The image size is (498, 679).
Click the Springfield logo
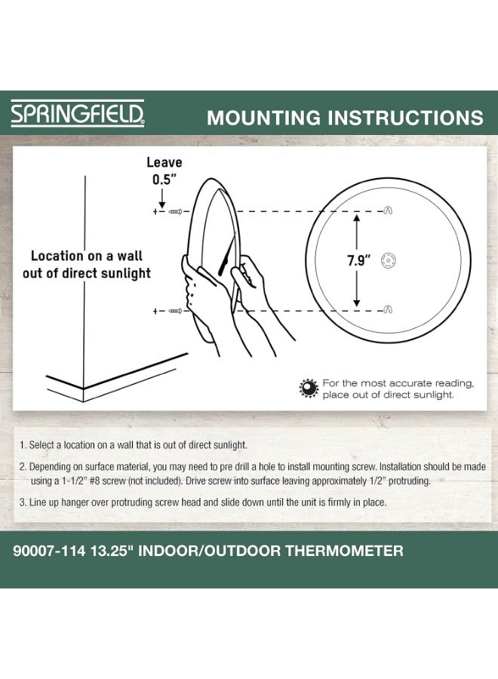[77, 115]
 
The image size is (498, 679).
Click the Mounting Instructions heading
[345, 118]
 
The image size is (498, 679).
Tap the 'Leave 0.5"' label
[164, 171]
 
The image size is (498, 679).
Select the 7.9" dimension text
[358, 261]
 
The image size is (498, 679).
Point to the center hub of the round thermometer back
[388, 259]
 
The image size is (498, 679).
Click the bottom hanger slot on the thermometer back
[388, 309]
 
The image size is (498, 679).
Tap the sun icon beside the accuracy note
[308, 389]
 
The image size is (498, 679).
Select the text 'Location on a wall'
[87, 257]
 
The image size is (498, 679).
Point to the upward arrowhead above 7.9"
[357, 218]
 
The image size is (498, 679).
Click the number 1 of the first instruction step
[23, 445]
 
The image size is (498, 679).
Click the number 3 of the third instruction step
[23, 502]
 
